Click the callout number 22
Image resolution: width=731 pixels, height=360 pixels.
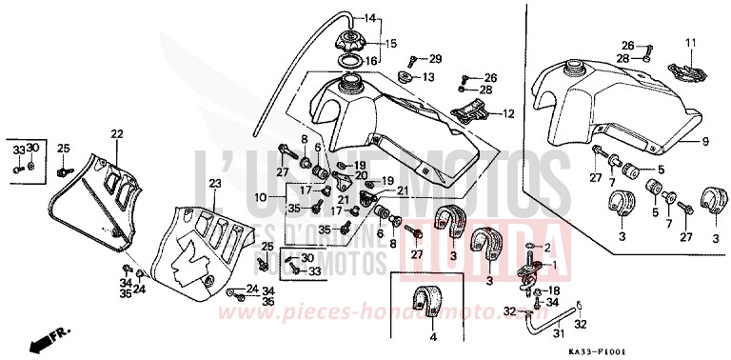(117, 133)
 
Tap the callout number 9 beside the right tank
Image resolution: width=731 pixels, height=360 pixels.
(706, 142)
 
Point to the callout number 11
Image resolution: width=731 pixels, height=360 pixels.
(692, 42)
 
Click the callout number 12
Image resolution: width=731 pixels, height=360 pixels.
(507, 113)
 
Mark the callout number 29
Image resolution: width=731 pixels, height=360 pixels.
(436, 58)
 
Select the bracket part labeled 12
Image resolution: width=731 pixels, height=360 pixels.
(470, 112)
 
